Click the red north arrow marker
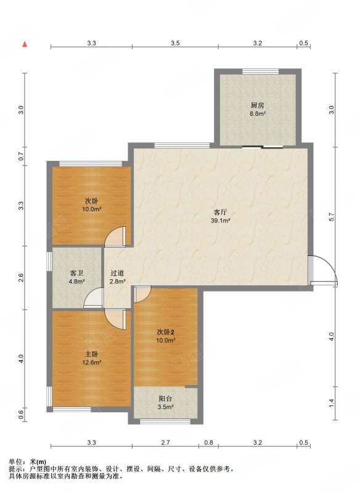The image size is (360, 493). coord(25,44)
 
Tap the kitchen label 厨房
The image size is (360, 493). coord(257,105)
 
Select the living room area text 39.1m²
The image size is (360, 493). coord(221,221)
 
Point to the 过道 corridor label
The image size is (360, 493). coord(117,273)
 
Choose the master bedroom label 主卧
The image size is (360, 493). coord(91,354)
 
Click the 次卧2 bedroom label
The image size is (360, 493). coord(165,332)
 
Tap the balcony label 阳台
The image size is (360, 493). coord(165,399)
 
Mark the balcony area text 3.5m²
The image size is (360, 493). coord(166,407)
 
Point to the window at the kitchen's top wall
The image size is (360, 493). coord(260,71)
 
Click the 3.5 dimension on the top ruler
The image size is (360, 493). coord(175,43)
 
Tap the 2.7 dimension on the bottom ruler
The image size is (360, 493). coord(165,442)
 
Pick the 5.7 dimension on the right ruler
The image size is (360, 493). coord(331,218)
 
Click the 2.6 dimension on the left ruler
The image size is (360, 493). coord(21,278)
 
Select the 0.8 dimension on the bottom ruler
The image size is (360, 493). coord(208,442)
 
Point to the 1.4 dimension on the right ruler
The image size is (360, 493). coord(331,402)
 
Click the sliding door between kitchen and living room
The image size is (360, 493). coord(263,147)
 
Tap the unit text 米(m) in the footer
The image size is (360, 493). coord(38,462)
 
